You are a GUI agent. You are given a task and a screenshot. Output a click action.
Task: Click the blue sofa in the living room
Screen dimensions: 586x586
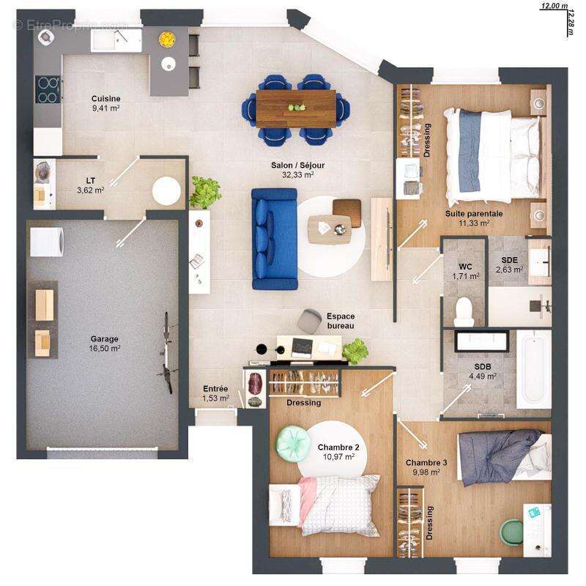[x=274, y=239]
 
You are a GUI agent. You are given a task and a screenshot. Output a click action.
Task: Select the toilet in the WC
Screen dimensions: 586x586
[x=464, y=311]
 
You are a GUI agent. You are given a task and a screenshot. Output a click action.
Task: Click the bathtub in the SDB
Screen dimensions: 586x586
[x=533, y=369]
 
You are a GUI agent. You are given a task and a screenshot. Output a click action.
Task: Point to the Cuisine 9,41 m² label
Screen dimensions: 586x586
[x=105, y=103]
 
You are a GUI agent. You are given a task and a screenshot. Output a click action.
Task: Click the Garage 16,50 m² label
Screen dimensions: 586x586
[x=105, y=344]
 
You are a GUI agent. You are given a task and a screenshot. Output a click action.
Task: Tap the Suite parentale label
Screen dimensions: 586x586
[x=473, y=218]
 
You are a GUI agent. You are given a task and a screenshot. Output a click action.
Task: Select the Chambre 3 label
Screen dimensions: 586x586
[x=426, y=467]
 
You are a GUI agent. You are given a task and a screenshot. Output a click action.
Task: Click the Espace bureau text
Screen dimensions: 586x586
[x=340, y=321]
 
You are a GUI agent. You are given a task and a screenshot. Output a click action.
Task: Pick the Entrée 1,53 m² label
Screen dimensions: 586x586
[x=215, y=393]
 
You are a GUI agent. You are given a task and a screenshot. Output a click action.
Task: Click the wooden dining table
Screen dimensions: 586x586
[x=296, y=108]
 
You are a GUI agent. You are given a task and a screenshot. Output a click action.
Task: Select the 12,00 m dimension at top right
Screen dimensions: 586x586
[x=554, y=6]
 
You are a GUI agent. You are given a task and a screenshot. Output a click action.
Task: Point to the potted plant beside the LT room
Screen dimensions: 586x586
[x=205, y=192]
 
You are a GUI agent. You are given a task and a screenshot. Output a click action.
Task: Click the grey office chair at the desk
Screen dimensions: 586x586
[x=308, y=320]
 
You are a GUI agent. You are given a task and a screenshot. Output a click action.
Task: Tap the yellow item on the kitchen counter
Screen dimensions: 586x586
[x=167, y=37]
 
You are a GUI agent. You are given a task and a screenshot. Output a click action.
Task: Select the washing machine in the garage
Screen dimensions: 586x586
[x=45, y=240]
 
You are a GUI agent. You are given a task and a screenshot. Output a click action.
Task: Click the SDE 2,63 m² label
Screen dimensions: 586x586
[x=511, y=264]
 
